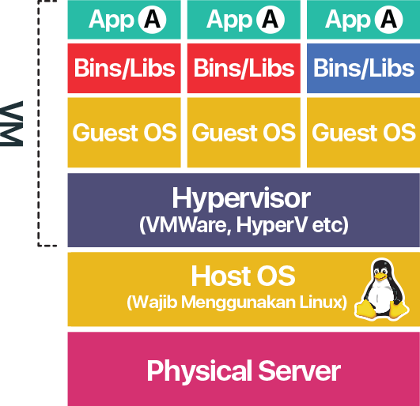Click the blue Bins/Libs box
pos(364,68)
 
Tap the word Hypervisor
pos(241,198)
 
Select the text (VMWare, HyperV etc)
pos(244,225)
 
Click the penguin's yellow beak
pos(380,276)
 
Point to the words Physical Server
pos(244,370)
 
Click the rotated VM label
pos(11,123)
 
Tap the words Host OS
pos(243,276)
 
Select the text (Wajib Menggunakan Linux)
pos(236,303)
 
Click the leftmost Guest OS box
pos(124,133)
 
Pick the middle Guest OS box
pos(244,133)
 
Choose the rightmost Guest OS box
pos(364,133)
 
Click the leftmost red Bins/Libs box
pos(124,68)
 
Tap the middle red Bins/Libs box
pos(244,68)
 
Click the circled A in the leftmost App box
pos(152,20)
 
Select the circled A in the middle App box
pos(270,20)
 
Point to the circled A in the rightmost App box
pos(388,20)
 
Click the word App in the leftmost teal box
pos(112,21)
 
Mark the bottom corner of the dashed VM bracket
pos(39,245)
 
